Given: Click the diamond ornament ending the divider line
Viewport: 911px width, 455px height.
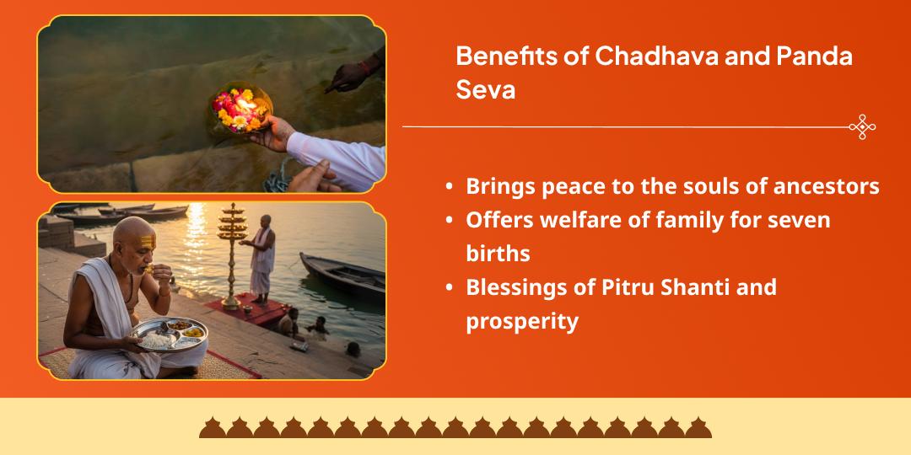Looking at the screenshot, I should (x=862, y=126).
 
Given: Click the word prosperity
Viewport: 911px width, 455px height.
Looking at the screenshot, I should (x=522, y=321).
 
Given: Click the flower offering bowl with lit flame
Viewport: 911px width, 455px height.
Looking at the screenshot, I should (x=240, y=108).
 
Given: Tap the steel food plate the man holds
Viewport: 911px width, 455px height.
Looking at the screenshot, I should (x=169, y=334).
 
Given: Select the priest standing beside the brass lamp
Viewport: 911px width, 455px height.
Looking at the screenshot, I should (x=262, y=257).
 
